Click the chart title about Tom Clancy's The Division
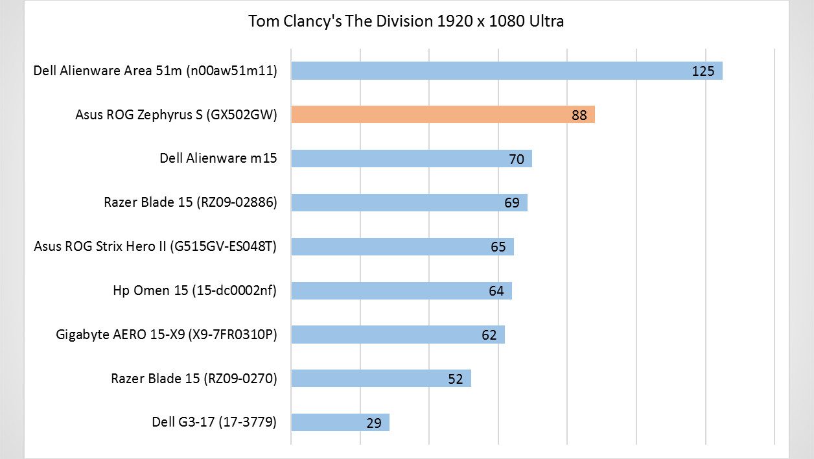406,21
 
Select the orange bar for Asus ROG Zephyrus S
443,115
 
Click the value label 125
703,71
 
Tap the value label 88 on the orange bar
579,115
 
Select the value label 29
374,423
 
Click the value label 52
456,379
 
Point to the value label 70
517,159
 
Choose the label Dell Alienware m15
218,158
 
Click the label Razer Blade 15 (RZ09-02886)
191,202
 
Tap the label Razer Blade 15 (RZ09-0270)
194,378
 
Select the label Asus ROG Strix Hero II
156,246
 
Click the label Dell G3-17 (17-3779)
215,422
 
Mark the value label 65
498,247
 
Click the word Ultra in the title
545,21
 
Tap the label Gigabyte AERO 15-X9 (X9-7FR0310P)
167,335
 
